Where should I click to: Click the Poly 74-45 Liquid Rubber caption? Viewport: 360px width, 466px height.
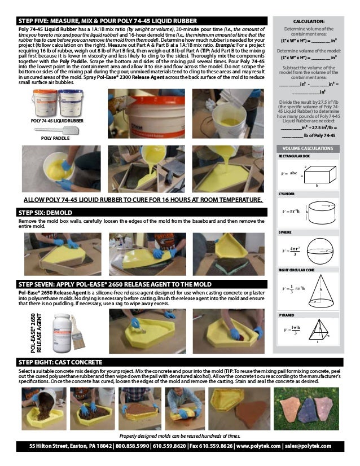49,121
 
